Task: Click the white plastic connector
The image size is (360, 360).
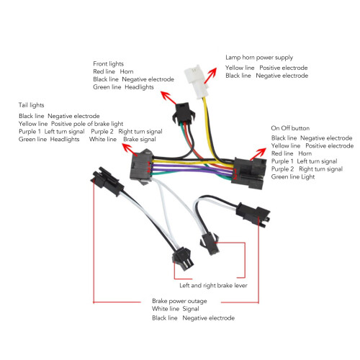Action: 195,81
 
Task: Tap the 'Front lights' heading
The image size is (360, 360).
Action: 108,64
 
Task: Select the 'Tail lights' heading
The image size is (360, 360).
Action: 32,105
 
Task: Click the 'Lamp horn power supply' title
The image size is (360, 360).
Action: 259,58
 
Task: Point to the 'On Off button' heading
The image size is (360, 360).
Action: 290,128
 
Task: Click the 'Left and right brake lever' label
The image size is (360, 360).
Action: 213,285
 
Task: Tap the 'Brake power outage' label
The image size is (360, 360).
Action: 179,301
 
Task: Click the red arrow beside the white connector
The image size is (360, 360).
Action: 210,75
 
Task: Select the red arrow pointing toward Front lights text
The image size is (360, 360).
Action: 168,97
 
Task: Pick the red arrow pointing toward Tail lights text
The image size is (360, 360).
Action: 130,150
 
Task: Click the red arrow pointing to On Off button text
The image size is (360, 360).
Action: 258,154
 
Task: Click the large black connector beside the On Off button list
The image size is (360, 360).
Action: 248,172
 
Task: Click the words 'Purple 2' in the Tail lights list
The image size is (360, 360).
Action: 102,132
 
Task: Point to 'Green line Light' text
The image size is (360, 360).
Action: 293,177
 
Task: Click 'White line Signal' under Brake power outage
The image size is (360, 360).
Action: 176,309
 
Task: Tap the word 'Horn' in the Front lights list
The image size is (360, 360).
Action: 127,71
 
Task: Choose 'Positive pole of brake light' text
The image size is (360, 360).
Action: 87,124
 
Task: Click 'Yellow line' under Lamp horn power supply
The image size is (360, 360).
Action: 240,68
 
